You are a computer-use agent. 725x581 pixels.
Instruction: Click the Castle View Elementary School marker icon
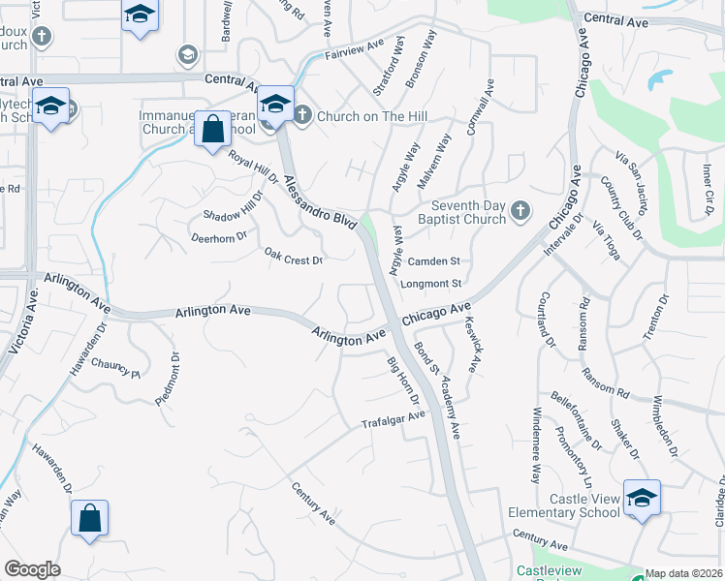[642, 498]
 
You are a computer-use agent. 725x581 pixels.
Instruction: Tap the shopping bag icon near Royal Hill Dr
[212, 128]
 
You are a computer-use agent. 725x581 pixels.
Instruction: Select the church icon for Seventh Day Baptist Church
[520, 210]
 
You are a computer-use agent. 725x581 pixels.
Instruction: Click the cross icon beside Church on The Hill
[301, 116]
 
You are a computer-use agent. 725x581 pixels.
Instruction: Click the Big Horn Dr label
[402, 382]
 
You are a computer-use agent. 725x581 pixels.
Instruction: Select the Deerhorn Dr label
[219, 235]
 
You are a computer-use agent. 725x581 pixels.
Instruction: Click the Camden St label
[432, 261]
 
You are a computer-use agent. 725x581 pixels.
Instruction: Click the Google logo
[32, 569]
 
